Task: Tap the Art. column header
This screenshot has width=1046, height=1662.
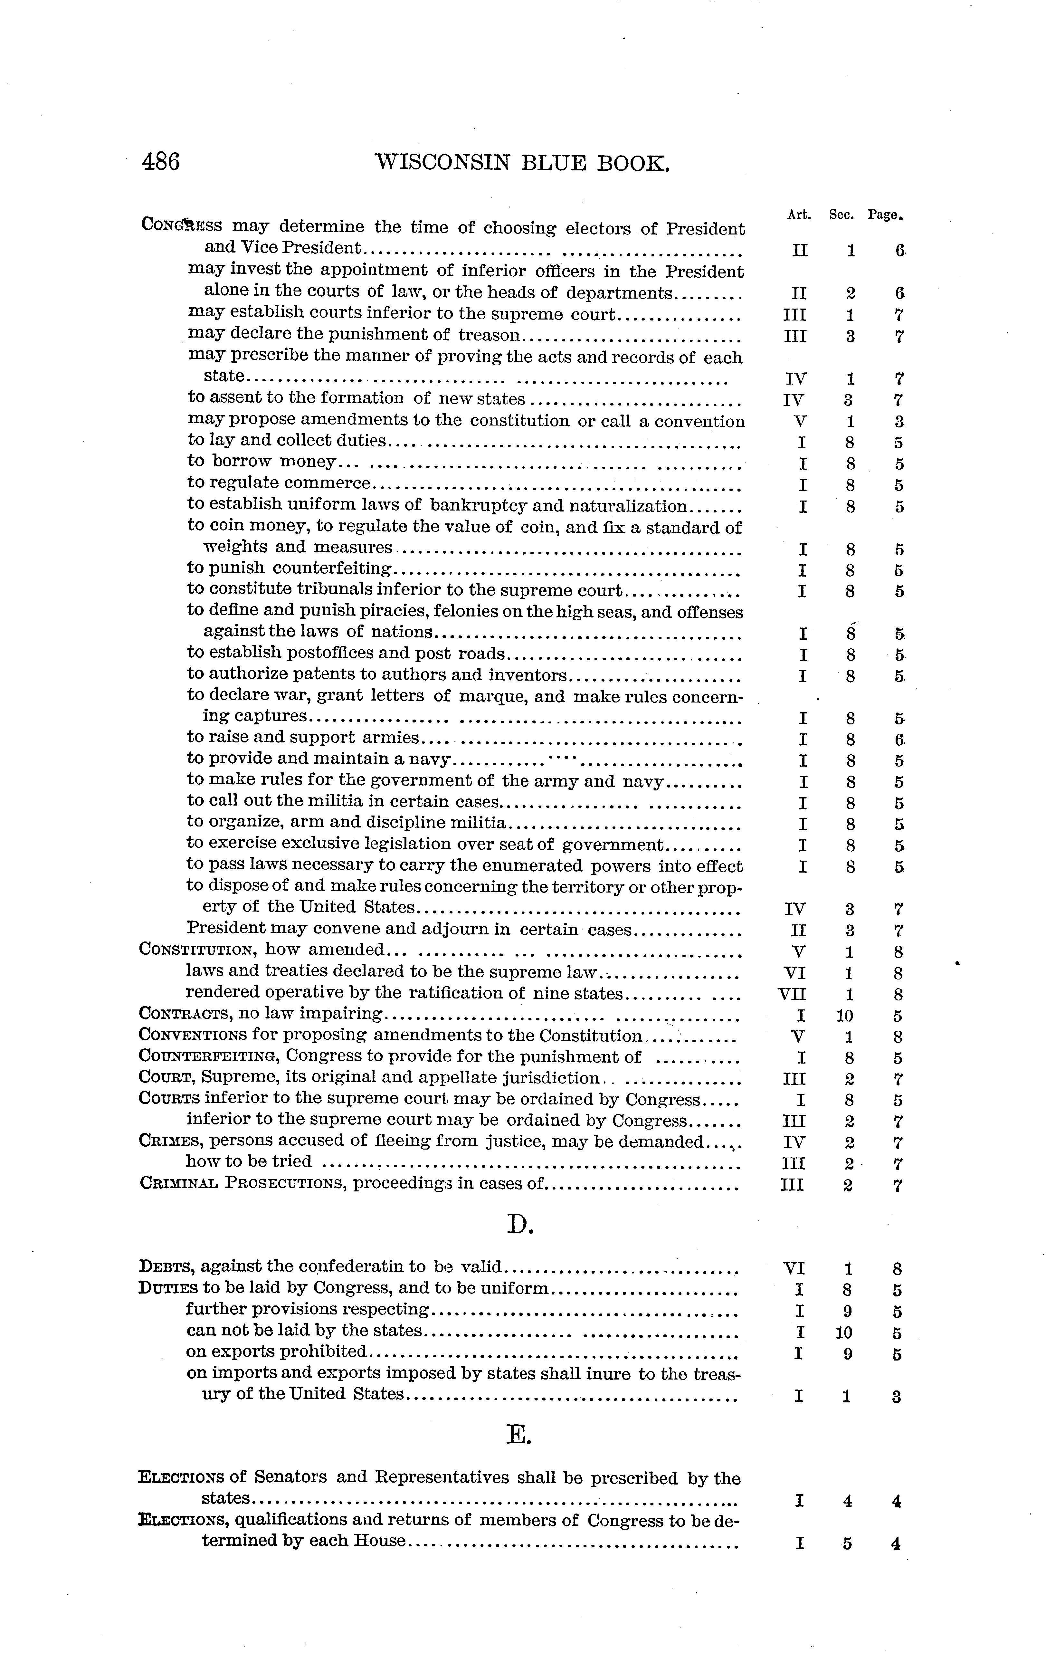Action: [799, 215]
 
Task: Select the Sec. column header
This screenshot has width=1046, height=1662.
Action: [842, 215]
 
